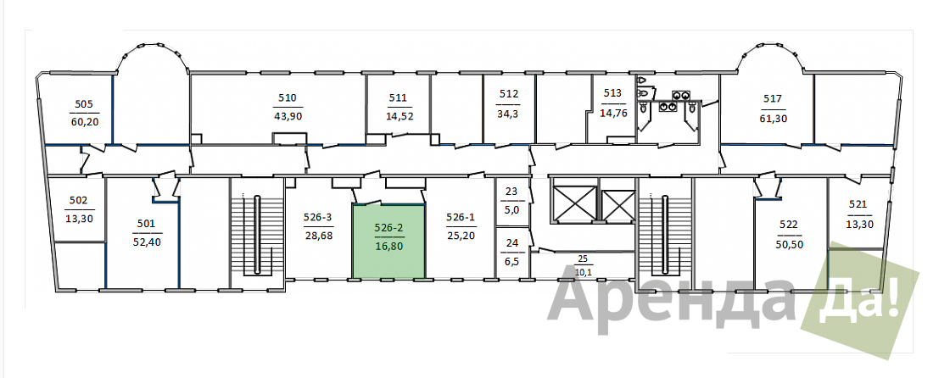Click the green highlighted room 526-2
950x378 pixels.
[x=388, y=241]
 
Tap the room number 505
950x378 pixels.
[x=84, y=103]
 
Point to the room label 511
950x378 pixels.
[x=398, y=97]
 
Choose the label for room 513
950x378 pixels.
[x=612, y=93]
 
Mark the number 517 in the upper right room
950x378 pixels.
[x=773, y=99]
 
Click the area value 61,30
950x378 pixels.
[x=773, y=119]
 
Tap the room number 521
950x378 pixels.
[x=859, y=205]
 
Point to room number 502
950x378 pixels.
[x=79, y=200]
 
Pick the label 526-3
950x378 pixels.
[x=318, y=217]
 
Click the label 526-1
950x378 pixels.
[x=461, y=217]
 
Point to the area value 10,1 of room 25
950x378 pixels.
[x=583, y=272]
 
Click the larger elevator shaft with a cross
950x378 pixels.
[x=573, y=203]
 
